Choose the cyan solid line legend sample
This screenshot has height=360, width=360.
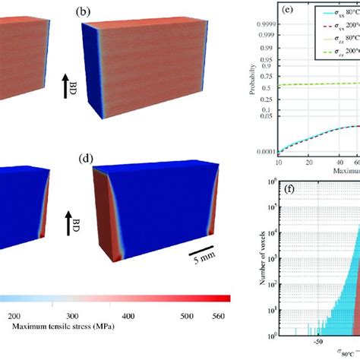point(308,13)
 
